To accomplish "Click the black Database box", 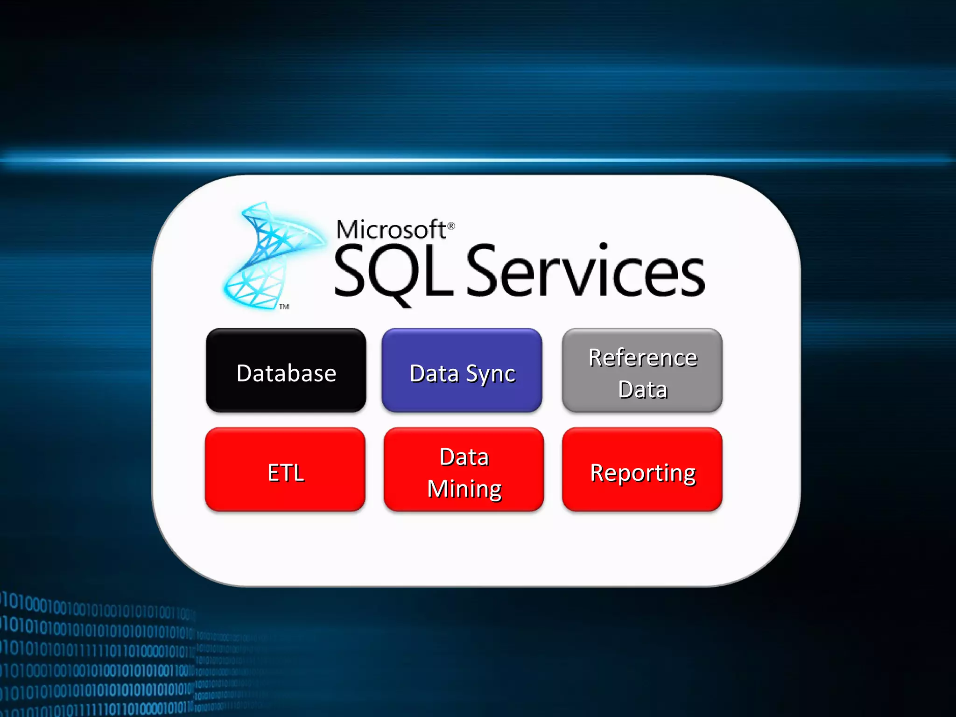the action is (286, 370).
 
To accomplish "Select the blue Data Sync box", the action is (462, 370).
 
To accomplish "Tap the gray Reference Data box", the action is (642, 370).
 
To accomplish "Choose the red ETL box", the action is (285, 470).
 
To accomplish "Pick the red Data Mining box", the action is (464, 470).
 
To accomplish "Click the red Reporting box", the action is (642, 470).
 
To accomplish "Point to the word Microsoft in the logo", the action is (391, 230).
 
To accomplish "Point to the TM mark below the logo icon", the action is (284, 307).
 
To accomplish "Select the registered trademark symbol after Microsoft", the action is (451, 226).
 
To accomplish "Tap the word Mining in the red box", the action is (464, 489).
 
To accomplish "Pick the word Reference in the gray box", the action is (643, 358).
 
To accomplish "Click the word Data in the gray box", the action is (643, 390).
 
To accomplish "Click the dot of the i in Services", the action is (603, 247).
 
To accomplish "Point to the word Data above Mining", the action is (464, 457).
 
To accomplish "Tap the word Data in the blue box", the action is (434, 373).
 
